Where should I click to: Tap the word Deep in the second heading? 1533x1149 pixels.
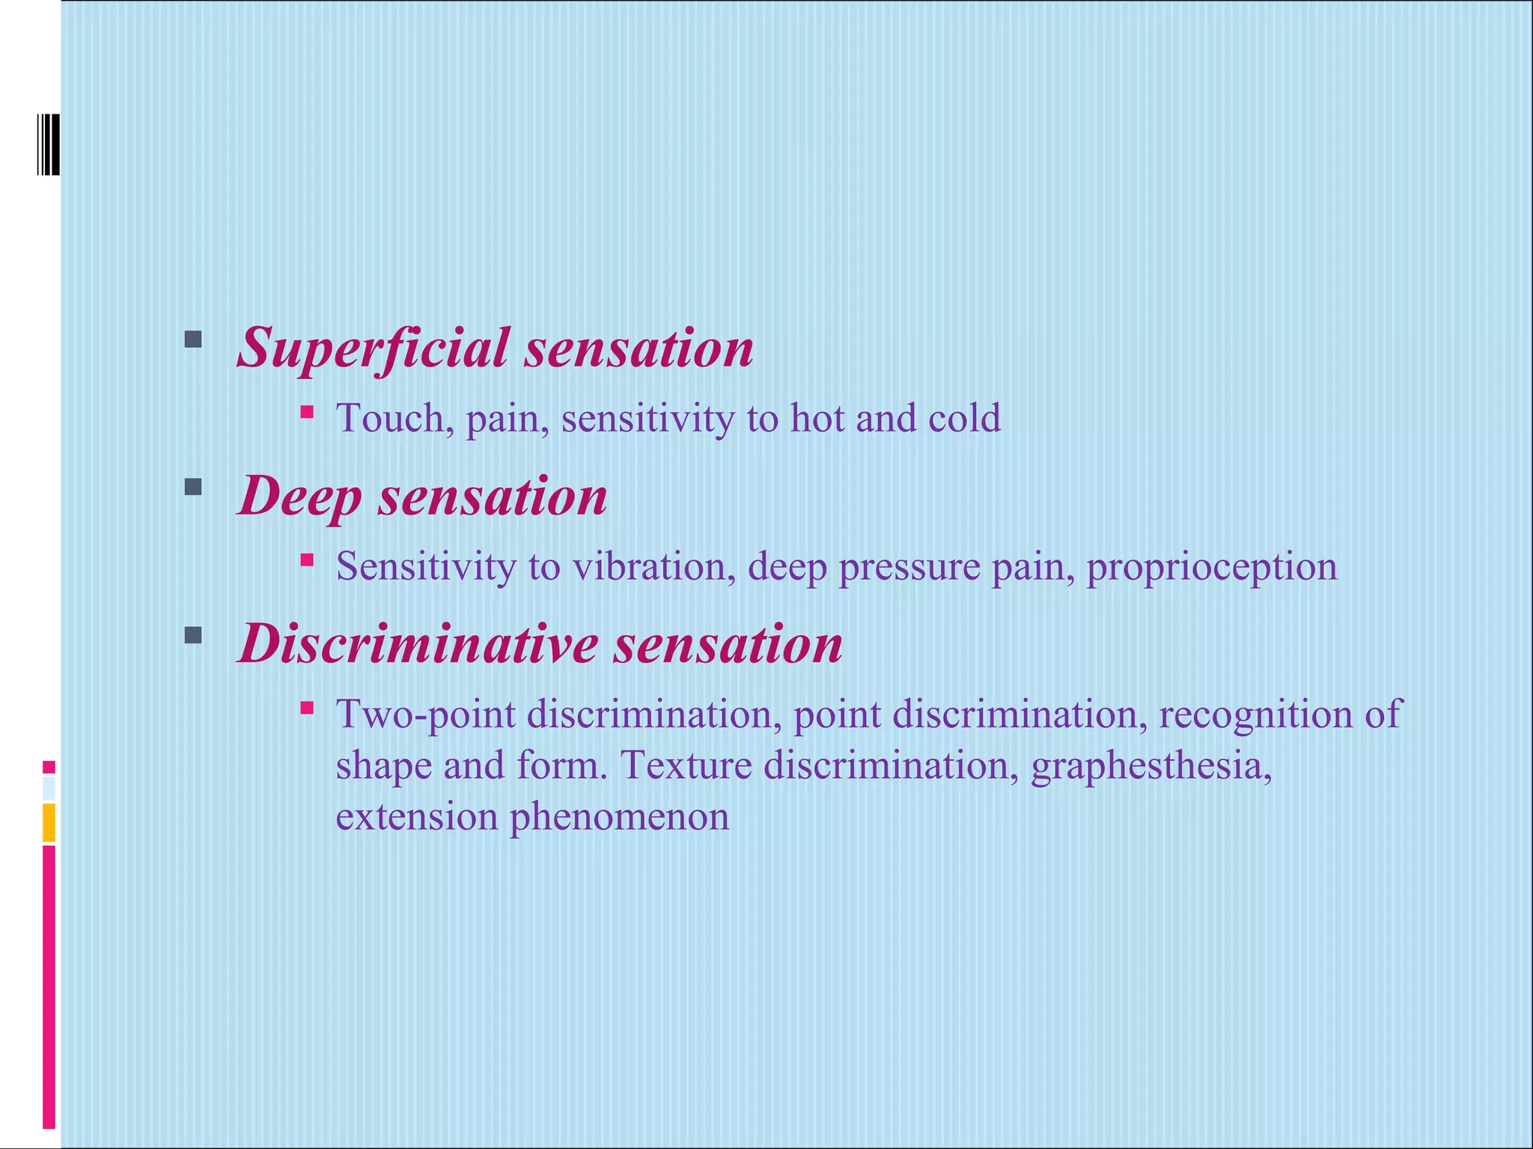[299, 497]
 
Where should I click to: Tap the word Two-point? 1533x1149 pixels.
[425, 714]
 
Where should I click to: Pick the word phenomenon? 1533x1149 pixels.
[619, 817]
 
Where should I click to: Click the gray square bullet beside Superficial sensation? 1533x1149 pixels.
[193, 340]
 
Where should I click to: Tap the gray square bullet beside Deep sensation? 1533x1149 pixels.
[193, 488]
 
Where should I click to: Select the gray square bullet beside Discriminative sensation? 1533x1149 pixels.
[193, 636]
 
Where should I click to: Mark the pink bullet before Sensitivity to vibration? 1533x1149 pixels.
[307, 559]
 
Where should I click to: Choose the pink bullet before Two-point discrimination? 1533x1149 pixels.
[307, 707]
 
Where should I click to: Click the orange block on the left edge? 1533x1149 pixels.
[49, 823]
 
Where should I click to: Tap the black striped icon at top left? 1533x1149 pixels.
[49, 144]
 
